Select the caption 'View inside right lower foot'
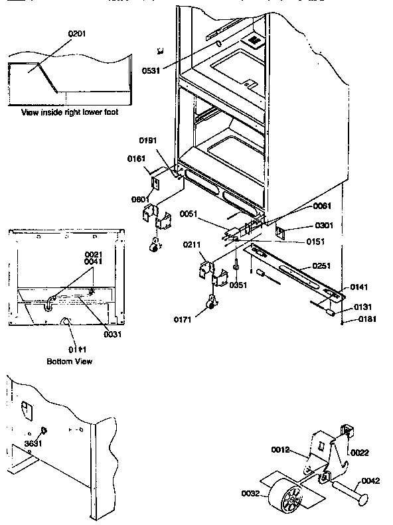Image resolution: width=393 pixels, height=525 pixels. (70, 112)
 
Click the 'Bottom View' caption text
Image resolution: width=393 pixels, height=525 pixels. (69, 362)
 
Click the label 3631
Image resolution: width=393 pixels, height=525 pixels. (34, 442)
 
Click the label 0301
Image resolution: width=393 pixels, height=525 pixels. (305, 225)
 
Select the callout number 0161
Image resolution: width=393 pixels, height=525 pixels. (137, 159)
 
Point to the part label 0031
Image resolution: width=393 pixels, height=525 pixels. (113, 334)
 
